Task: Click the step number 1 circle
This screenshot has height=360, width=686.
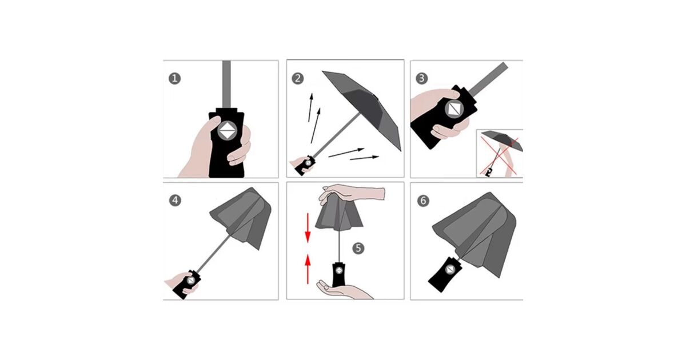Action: [x=174, y=79]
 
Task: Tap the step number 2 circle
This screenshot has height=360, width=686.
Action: [x=298, y=79]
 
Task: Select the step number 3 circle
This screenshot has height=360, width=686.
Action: [x=422, y=78]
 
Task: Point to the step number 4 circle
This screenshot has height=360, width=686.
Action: [x=175, y=201]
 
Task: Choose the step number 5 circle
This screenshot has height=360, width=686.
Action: [x=358, y=248]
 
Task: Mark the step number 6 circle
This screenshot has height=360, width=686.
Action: [x=423, y=201]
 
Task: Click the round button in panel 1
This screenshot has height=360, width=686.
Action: [x=228, y=130]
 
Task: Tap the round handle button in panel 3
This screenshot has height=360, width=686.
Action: [x=454, y=109]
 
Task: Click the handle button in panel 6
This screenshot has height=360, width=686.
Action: [x=450, y=270]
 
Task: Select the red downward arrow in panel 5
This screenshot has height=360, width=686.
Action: [x=308, y=228]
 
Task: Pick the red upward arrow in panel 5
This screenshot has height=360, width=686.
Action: [x=308, y=269]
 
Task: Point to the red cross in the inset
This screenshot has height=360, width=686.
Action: [x=499, y=156]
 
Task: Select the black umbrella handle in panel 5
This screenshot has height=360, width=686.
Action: [x=338, y=275]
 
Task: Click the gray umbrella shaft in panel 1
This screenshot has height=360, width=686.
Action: [x=226, y=84]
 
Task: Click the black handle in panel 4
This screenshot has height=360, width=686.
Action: [x=187, y=284]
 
